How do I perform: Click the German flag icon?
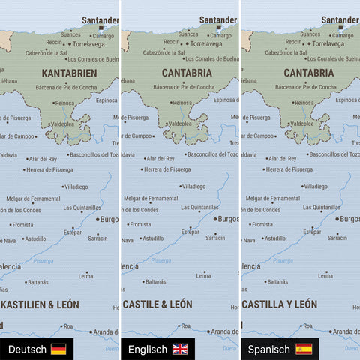pyautogui.click(x=58, y=349)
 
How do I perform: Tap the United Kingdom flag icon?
pyautogui.click(x=180, y=349)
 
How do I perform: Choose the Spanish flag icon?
pyautogui.click(x=304, y=349)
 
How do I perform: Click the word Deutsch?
pyautogui.click(x=26, y=349)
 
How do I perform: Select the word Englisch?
pyautogui.click(x=148, y=349)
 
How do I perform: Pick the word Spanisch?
pyautogui.click(x=269, y=349)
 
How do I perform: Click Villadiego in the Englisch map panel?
pyautogui.click(x=193, y=186)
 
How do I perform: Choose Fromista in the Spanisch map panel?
pyautogui.click(x=262, y=224)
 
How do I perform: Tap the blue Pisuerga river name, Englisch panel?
pyautogui.click(x=160, y=260)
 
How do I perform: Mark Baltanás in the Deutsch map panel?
pyautogui.click(x=38, y=282)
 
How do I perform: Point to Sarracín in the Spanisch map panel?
pyautogui.click(x=337, y=238)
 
